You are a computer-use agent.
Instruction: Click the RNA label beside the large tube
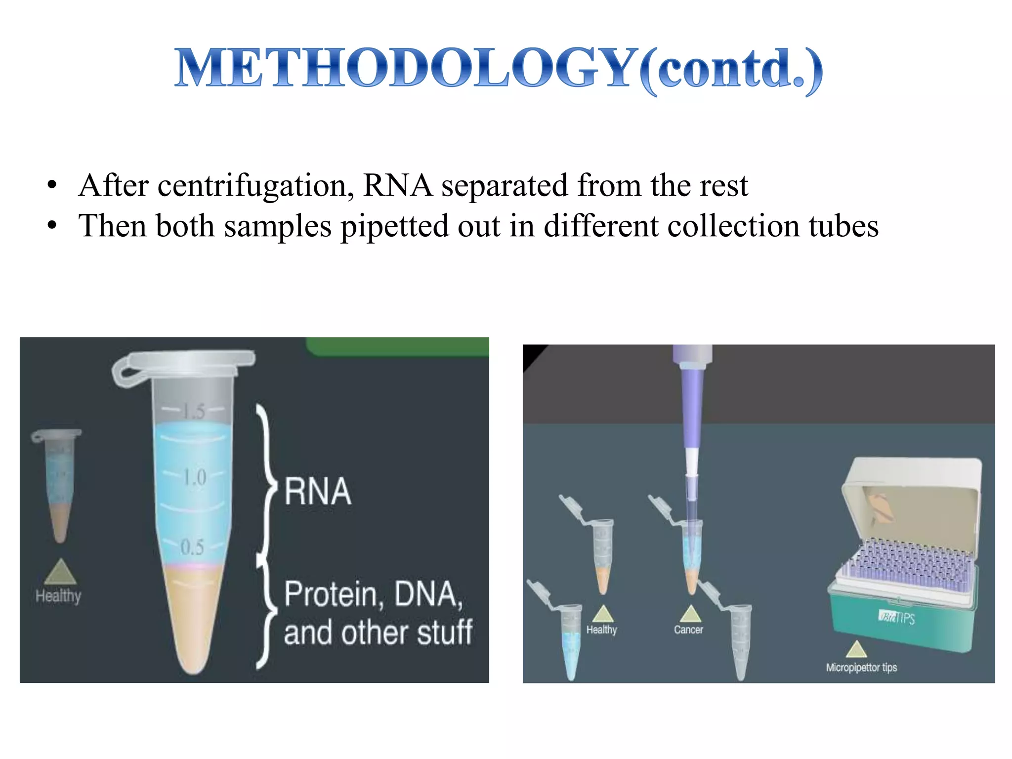click(x=318, y=491)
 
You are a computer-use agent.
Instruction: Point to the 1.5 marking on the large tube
click(x=193, y=411)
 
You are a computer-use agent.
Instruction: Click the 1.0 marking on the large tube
click(x=194, y=477)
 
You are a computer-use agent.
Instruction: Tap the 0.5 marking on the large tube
click(x=192, y=547)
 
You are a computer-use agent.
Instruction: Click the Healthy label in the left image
click(x=58, y=596)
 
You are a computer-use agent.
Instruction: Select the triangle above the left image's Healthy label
click(x=60, y=572)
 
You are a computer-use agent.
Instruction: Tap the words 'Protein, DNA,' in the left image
click(x=373, y=594)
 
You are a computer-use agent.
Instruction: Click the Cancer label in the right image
click(x=688, y=630)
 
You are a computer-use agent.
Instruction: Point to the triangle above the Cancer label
click(x=690, y=614)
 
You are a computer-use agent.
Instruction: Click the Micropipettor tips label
click(x=861, y=668)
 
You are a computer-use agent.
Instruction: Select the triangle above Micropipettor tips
click(x=856, y=649)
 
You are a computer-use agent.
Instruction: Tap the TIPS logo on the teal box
click(x=897, y=618)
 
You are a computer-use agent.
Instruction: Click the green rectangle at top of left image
click(x=398, y=346)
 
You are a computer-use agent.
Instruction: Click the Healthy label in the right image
click(x=601, y=630)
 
